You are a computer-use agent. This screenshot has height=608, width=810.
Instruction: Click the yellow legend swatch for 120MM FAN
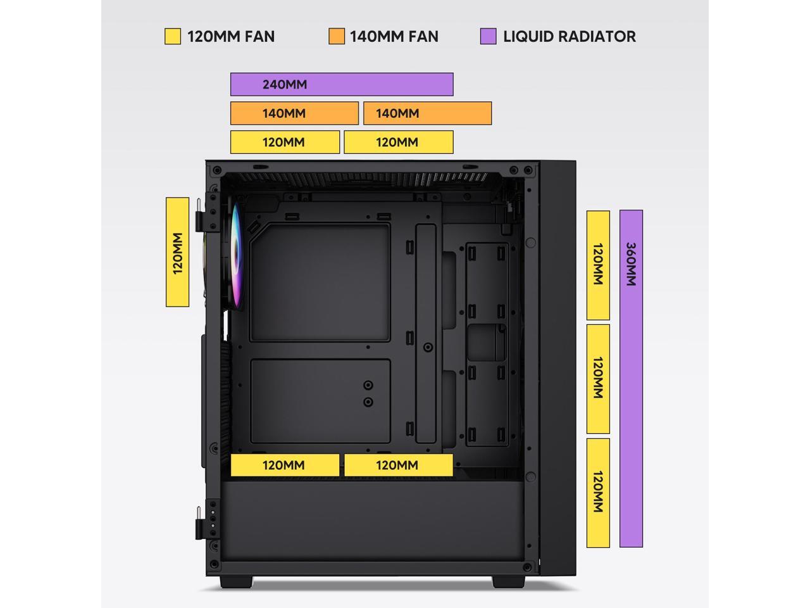[172, 36]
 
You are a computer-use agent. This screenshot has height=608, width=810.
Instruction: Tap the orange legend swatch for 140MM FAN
[337, 36]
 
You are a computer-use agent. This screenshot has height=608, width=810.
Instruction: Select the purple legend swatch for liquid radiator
[488, 36]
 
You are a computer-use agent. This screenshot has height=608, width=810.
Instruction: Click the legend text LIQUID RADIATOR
[570, 36]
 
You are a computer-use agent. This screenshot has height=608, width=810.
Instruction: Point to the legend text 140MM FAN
[394, 36]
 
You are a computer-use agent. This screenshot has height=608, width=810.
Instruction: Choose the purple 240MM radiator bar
[342, 84]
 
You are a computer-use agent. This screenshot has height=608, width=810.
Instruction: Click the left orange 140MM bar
[294, 113]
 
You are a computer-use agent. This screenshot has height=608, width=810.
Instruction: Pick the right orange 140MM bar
[428, 113]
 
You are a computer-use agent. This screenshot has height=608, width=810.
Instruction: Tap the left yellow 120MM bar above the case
[285, 142]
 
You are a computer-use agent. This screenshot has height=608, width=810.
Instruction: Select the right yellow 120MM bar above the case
[399, 142]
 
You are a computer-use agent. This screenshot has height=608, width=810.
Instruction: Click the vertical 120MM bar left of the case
[177, 252]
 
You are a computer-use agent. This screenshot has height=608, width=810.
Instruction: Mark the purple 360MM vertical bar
[631, 378]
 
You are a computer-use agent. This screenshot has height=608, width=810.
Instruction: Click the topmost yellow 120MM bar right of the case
[598, 265]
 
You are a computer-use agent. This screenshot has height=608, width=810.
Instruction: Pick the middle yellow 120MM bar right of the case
[598, 379]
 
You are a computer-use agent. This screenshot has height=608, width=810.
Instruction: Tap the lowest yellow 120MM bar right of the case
[598, 493]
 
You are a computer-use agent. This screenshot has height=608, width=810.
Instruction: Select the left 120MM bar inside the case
[285, 465]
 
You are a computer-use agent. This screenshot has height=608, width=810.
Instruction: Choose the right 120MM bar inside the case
[399, 465]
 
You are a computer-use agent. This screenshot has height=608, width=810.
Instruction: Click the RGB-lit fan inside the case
[235, 256]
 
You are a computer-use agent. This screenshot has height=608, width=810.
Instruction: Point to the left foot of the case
[237, 582]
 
